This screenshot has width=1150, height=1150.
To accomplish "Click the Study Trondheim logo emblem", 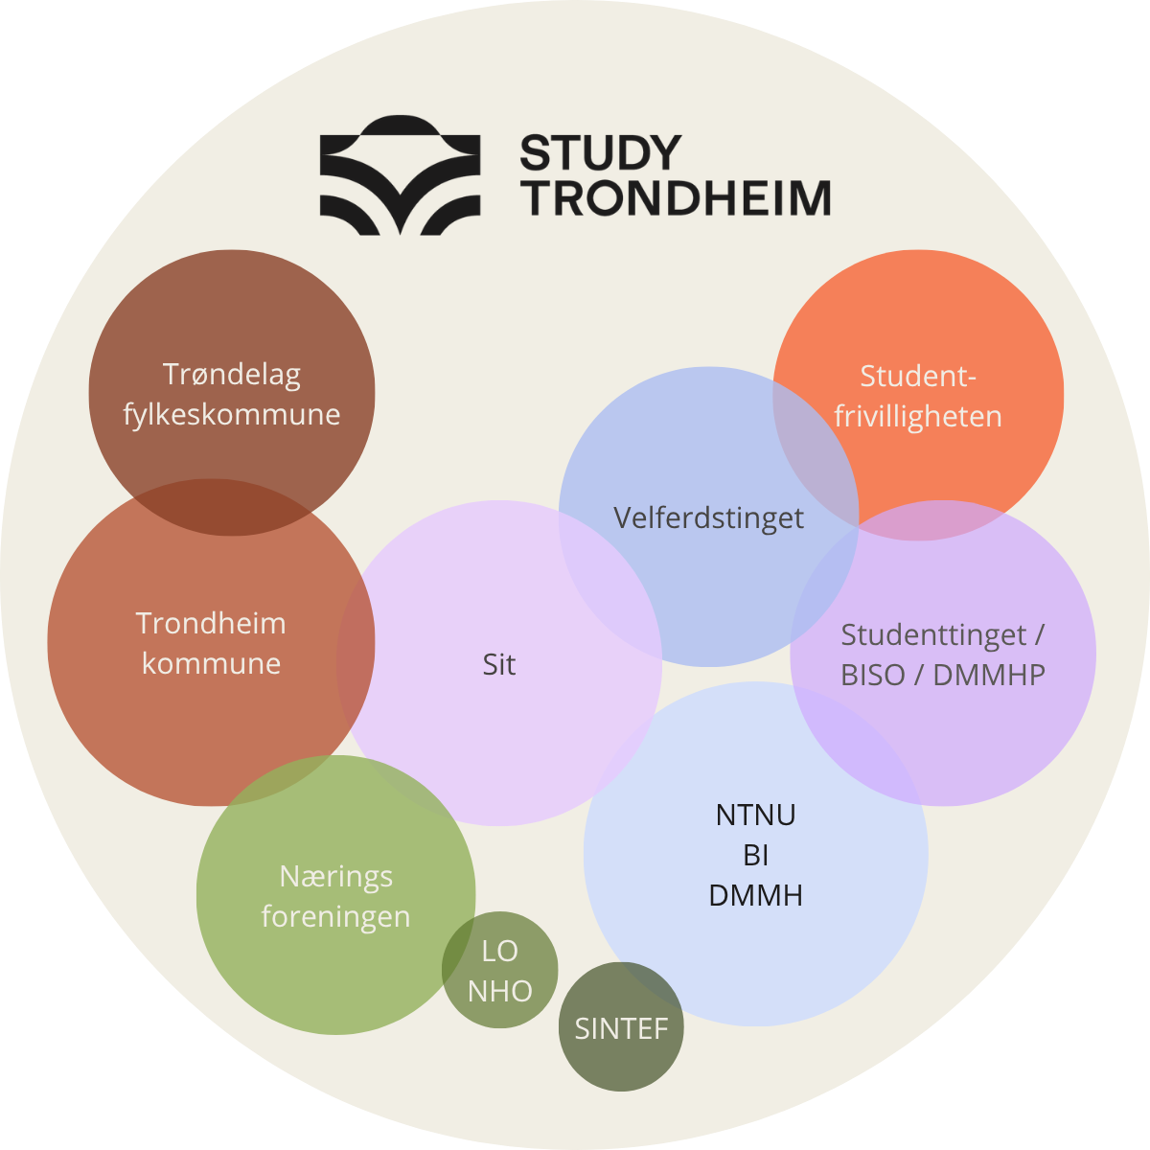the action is pyautogui.click(x=400, y=174).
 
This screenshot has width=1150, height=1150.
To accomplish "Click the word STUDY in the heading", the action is pyautogui.click(x=601, y=152).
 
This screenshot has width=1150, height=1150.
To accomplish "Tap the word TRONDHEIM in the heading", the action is pyautogui.click(x=676, y=197).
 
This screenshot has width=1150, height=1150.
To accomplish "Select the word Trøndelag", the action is pyautogui.click(x=232, y=376).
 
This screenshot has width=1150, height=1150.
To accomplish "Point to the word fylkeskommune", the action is pyautogui.click(x=232, y=414).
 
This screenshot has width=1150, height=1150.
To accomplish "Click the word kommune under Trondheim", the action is pyautogui.click(x=211, y=663).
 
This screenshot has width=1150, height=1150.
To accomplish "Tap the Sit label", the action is pyautogui.click(x=499, y=664).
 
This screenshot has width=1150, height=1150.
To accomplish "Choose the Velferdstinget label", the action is pyautogui.click(x=708, y=518).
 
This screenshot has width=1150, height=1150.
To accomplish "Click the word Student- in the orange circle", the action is pyautogui.click(x=918, y=377).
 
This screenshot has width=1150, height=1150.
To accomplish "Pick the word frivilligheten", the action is pyautogui.click(x=918, y=416).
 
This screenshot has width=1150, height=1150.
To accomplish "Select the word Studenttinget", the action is pyautogui.click(x=932, y=635).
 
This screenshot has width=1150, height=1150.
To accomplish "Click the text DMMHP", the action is pyautogui.click(x=989, y=675).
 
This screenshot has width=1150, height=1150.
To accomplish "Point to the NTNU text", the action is pyautogui.click(x=755, y=816).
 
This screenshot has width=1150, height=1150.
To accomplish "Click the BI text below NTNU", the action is pyautogui.click(x=755, y=855).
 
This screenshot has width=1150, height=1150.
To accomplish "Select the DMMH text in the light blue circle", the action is pyautogui.click(x=755, y=895).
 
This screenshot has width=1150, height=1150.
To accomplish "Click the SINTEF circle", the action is pyautogui.click(x=621, y=1026).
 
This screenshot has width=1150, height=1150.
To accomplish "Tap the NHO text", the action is pyautogui.click(x=500, y=991).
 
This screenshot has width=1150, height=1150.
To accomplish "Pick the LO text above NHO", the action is pyautogui.click(x=500, y=952).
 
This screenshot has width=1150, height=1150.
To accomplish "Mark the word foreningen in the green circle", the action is pyautogui.click(x=336, y=916).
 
